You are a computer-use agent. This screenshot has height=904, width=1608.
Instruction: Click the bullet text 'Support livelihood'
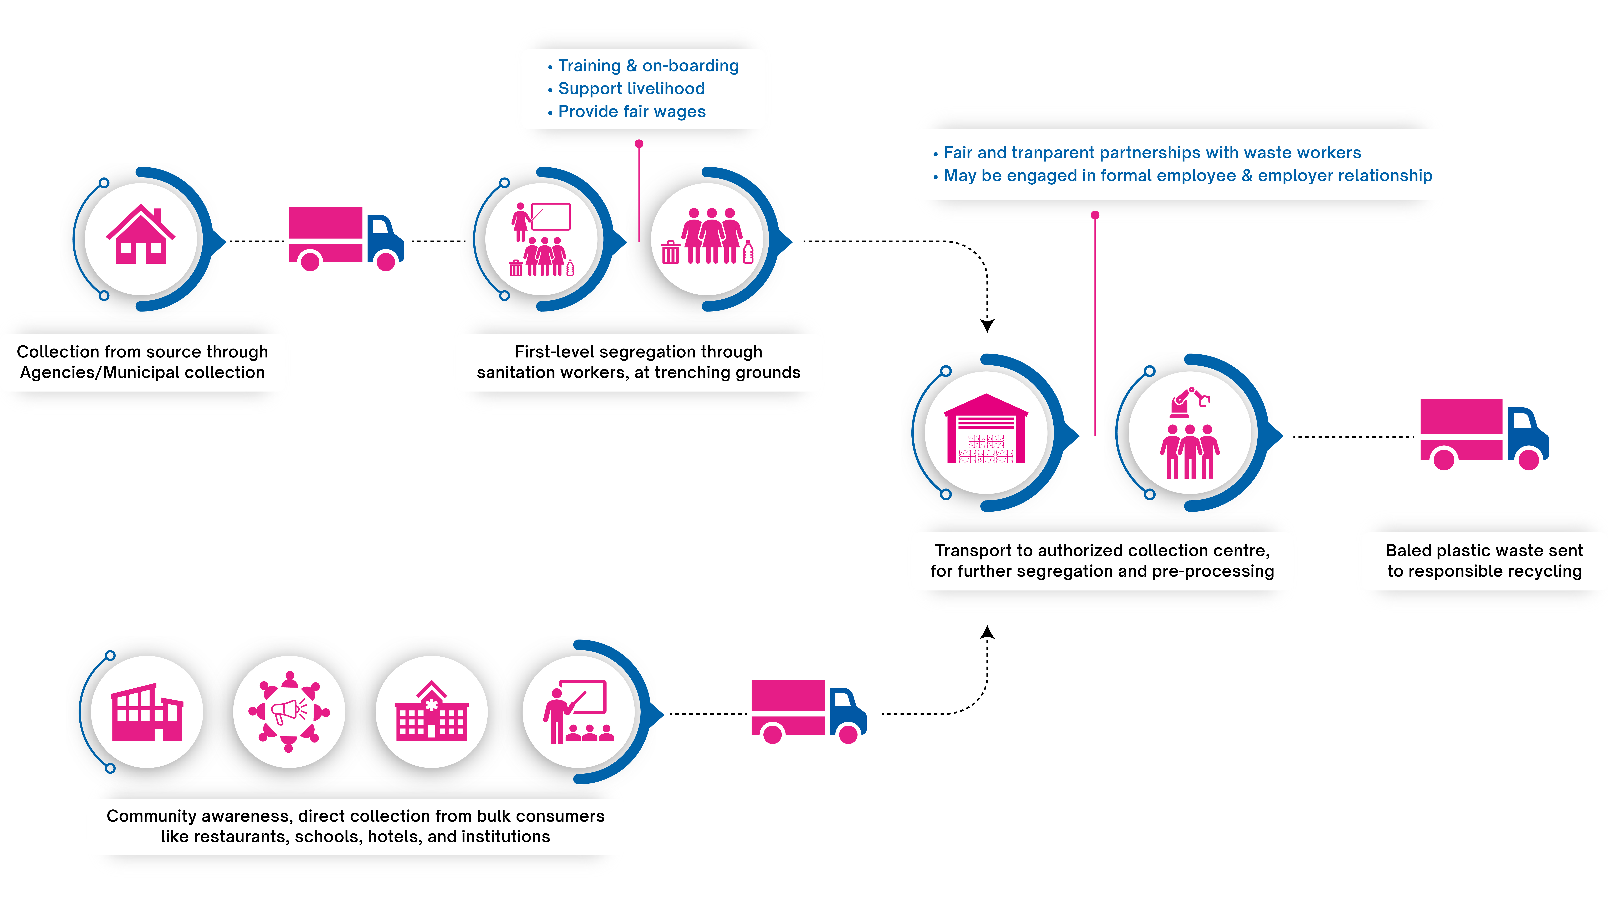pos(631,89)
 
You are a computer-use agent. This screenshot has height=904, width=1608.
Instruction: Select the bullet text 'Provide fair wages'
pos(632,112)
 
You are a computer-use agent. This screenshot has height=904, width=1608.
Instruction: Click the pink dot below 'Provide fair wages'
pos(639,144)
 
